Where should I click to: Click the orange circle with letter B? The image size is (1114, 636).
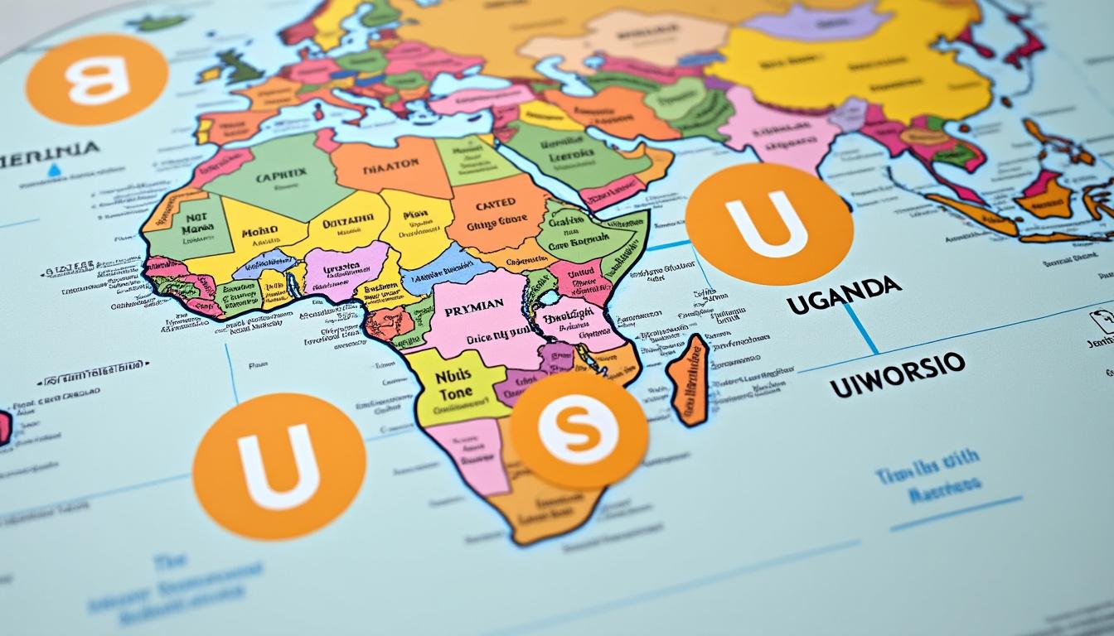97,80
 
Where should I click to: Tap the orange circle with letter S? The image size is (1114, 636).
578,429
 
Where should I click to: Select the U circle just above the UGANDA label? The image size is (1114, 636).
768,224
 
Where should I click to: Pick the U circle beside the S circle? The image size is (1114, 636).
278,466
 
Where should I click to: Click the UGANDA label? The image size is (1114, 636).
844,296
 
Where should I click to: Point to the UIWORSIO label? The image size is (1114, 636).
898,373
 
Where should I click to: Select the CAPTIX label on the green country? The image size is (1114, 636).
282,176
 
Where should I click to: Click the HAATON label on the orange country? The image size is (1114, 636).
392,167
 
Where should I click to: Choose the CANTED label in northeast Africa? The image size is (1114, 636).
496,203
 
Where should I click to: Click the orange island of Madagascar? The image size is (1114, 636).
689,379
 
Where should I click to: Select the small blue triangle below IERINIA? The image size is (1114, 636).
54,170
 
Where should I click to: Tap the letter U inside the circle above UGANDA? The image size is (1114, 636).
768,224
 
